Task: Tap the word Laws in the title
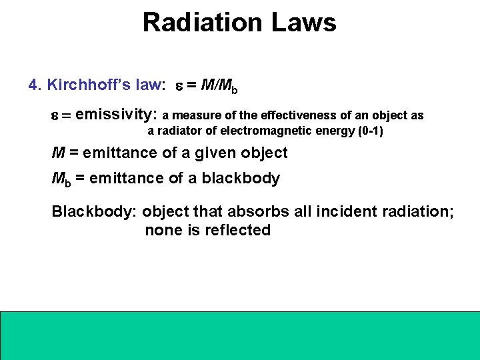click(303, 23)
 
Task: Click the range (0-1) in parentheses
click(370, 131)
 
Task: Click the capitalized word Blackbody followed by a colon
click(94, 212)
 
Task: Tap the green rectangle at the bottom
click(240, 335)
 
